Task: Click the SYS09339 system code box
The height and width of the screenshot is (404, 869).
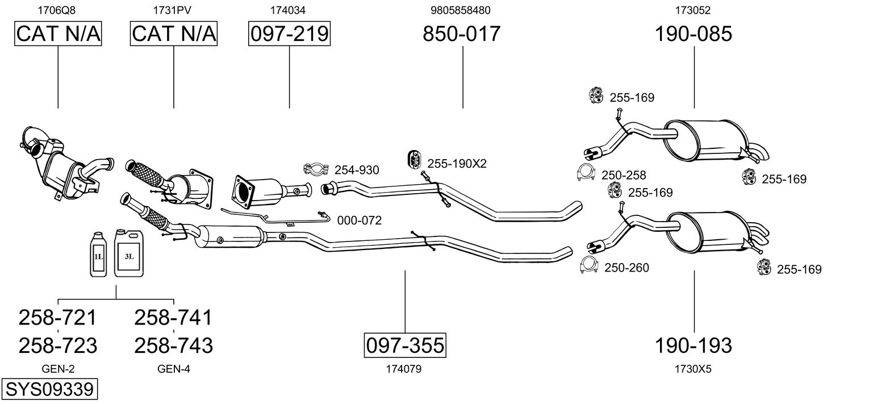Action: click(x=49, y=390)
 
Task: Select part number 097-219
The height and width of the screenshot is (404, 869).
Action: click(x=289, y=34)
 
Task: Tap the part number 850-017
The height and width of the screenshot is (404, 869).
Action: click(x=462, y=34)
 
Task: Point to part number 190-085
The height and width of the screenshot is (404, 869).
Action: click(x=693, y=34)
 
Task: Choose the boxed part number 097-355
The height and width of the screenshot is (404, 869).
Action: click(x=405, y=345)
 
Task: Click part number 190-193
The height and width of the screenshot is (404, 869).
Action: click(x=693, y=345)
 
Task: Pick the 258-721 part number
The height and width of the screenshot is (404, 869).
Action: click(x=57, y=318)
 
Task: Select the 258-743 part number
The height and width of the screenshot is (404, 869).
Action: click(x=173, y=345)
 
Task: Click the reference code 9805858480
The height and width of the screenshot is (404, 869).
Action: click(x=461, y=10)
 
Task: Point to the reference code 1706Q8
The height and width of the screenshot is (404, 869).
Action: click(x=56, y=10)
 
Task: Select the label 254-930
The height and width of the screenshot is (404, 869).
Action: click(x=357, y=170)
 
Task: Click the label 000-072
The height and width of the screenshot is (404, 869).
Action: click(x=359, y=220)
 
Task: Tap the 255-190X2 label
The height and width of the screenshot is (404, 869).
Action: click(x=457, y=164)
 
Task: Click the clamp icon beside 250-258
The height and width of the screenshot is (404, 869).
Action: click(x=586, y=173)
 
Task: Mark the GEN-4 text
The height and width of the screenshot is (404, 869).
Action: click(x=173, y=369)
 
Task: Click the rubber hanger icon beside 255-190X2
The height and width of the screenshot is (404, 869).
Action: click(x=413, y=160)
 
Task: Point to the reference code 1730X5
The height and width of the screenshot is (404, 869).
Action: click(x=693, y=369)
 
